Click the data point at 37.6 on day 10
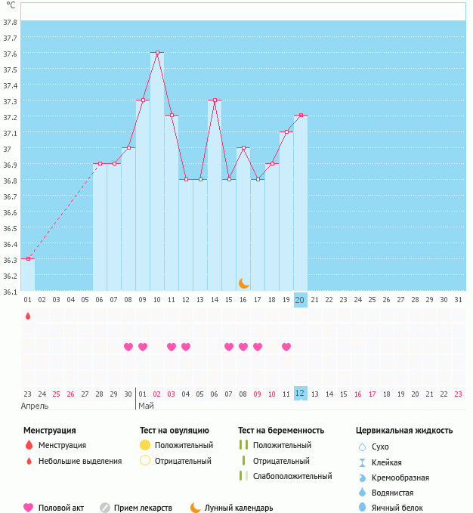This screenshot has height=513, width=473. click(x=157, y=53)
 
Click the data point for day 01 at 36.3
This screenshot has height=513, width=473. click(x=28, y=258)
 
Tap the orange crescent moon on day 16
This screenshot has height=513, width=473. click(x=243, y=283)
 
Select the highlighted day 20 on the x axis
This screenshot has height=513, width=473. click(x=300, y=300)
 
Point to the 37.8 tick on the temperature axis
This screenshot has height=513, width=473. click(x=11, y=22)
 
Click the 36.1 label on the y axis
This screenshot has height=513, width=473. click(x=11, y=292)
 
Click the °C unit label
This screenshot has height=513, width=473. click(x=11, y=5)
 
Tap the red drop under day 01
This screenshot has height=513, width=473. click(x=28, y=316)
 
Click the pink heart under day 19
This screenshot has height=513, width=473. click(x=286, y=347)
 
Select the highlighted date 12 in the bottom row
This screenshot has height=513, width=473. click(x=300, y=393)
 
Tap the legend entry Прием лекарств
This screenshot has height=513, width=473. click(x=143, y=508)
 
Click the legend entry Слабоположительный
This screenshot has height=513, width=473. click(x=293, y=476)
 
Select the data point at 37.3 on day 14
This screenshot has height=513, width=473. click(x=215, y=100)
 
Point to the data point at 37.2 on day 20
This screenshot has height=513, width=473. click(x=301, y=116)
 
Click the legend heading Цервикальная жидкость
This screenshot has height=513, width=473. click(x=404, y=430)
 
